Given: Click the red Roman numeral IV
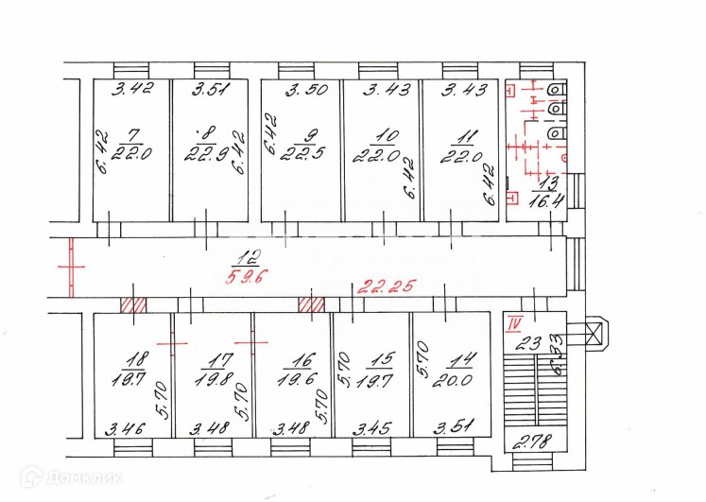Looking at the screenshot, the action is (x=515, y=324).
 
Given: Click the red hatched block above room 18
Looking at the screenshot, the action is (x=132, y=305).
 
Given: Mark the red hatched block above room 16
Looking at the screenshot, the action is (x=311, y=305).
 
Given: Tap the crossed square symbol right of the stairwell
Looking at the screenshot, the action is (x=594, y=334).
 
